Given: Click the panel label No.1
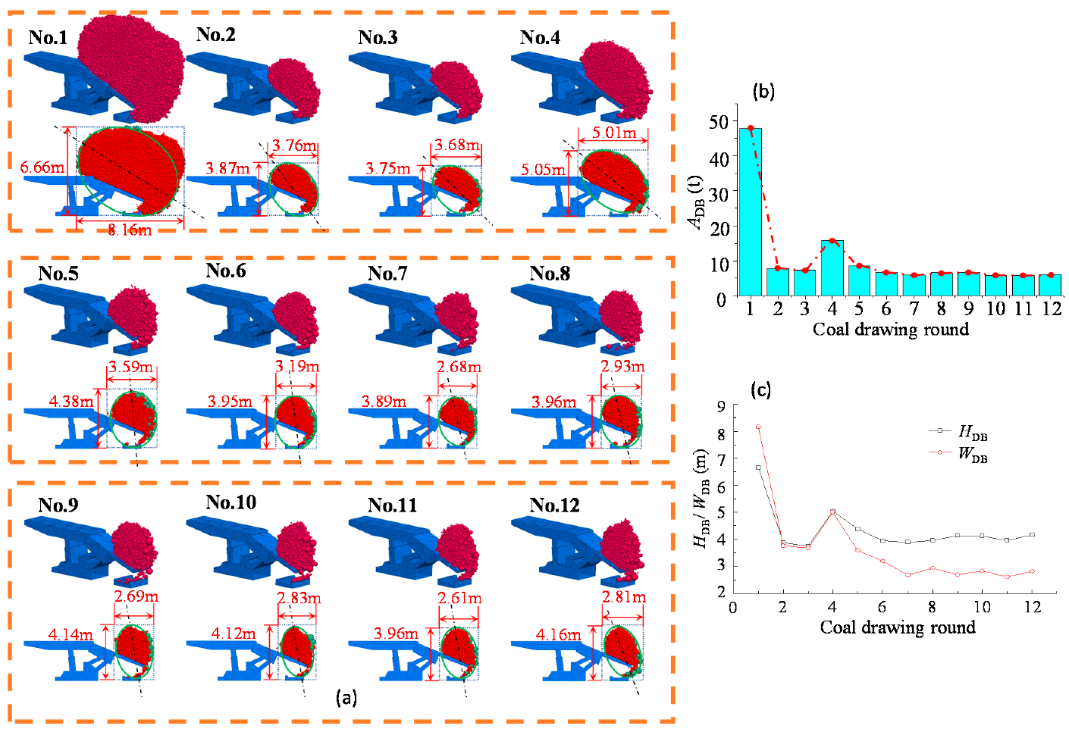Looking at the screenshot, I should point(48,37).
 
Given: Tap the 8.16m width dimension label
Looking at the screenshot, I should point(130,230).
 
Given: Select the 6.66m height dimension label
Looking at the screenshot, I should point(42,167).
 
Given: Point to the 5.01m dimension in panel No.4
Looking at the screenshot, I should point(614,133).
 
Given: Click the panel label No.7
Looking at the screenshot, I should point(387,273).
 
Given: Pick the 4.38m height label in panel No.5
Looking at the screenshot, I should point(71,401).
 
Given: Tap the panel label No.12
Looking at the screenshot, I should point(554,505).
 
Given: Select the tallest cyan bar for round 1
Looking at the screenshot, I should point(750,211).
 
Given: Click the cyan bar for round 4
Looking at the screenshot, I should point(832,267).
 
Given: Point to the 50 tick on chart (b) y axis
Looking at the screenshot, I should point(718,122).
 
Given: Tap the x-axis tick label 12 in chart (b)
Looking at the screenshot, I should point(1052,308).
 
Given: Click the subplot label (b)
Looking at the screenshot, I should point(763,92).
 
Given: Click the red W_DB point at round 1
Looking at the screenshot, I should point(758,427).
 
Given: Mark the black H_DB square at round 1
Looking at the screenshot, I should point(758,468).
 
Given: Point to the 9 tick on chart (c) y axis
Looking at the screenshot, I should point(719,406).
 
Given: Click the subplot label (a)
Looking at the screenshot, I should point(346,697).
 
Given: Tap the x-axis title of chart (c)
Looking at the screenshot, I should point(897,627).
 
